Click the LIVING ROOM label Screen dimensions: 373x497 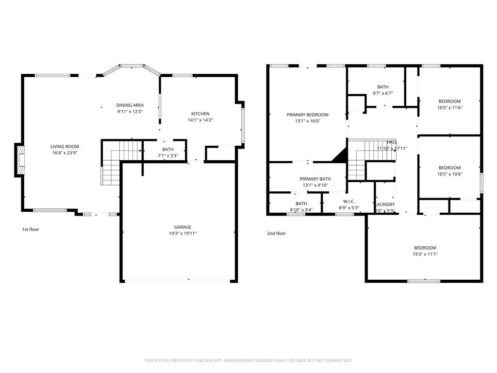(65, 146)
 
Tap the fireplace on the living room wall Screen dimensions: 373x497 (19, 160)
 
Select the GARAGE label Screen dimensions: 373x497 (182, 227)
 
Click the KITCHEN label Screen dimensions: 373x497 (200, 114)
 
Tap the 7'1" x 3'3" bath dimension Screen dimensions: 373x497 (168, 155)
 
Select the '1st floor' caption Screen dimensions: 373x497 (30, 229)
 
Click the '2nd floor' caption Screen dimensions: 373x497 (276, 233)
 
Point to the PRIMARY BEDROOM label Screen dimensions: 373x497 (307, 115)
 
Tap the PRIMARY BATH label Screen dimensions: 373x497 (315, 179)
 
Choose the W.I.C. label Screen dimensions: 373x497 (348, 202)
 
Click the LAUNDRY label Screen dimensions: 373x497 (385, 204)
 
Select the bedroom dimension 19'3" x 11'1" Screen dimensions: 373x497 (425, 254)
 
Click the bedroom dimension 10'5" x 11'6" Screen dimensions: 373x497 (449, 107)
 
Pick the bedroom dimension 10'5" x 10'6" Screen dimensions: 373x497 (449, 174)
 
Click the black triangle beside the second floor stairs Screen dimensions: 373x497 (341, 155)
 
